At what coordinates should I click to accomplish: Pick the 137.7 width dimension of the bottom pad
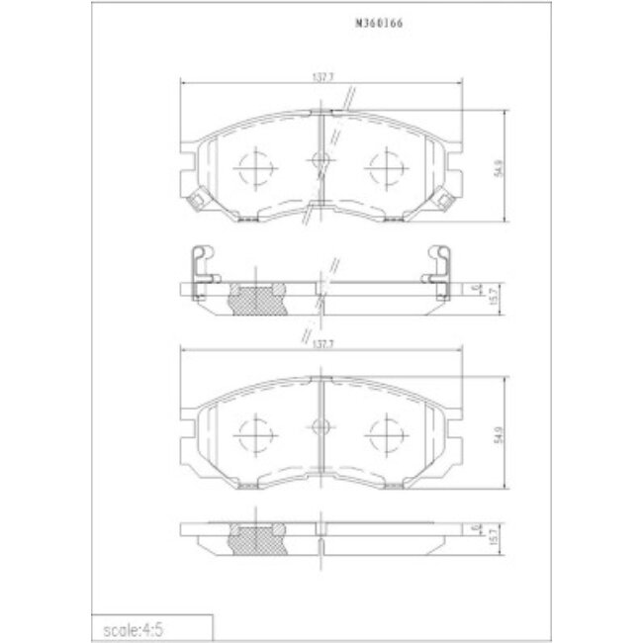tap(319, 345)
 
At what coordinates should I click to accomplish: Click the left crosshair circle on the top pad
tap(255, 169)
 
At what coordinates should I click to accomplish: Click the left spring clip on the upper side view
tap(200, 267)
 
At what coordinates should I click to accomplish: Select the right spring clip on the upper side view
tap(436, 267)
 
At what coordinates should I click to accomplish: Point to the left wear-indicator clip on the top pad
tap(197, 200)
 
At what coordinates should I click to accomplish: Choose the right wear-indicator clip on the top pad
tap(439, 200)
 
